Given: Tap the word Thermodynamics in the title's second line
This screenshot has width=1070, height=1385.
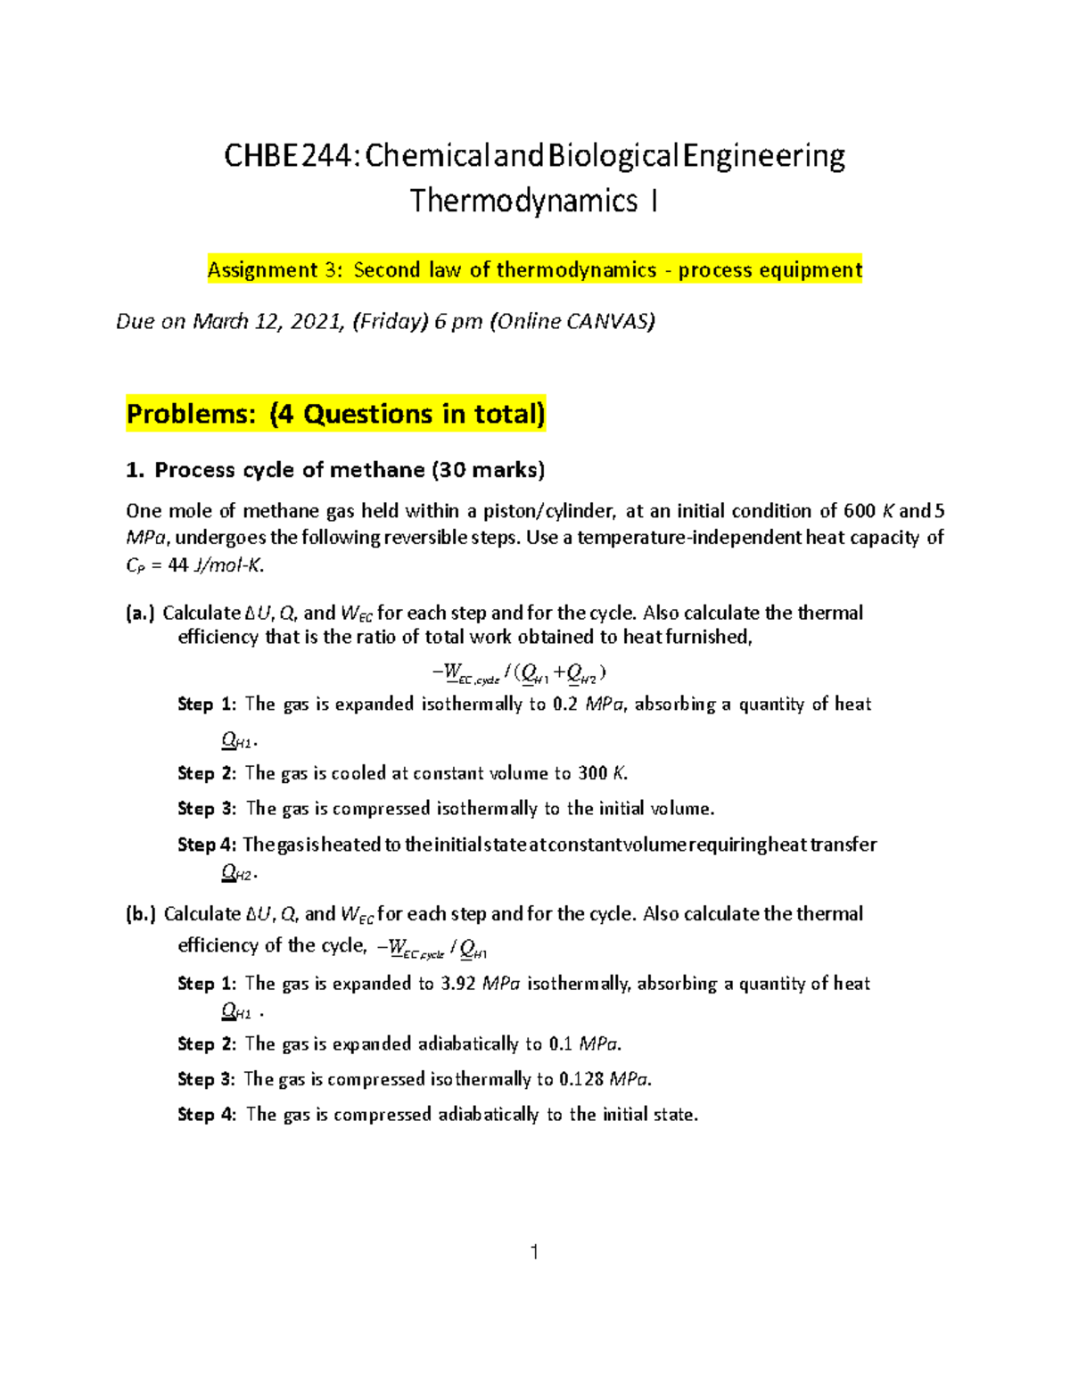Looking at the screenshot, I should [523, 202].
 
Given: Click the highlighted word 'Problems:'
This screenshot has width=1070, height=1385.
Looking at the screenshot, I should [191, 415].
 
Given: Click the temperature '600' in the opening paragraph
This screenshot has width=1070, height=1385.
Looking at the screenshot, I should [860, 511].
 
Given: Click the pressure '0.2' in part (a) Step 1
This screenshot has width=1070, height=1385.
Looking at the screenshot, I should [565, 705].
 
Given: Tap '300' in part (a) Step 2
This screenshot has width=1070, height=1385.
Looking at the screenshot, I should [592, 773].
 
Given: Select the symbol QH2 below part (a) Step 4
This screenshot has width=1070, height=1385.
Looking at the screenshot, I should [237, 874].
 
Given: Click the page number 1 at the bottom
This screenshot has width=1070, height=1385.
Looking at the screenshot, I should [534, 1252].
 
